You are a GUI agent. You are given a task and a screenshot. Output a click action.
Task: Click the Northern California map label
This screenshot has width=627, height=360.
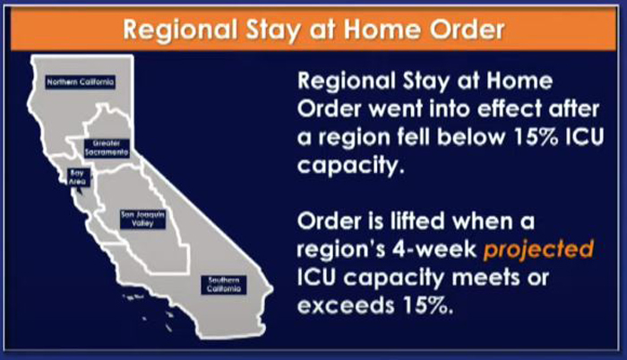coord(81,82)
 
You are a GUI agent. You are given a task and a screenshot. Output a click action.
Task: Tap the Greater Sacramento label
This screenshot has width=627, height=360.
coord(107,148)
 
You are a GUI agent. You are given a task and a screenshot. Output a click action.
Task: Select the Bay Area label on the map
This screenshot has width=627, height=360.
coord(78,177)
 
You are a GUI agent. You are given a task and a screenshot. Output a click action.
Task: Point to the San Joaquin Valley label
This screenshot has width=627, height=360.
coord(142,219)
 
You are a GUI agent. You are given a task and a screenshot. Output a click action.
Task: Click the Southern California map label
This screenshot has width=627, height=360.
coord(224,285)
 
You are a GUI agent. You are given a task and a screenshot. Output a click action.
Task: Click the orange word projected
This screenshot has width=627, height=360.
coord(538,250)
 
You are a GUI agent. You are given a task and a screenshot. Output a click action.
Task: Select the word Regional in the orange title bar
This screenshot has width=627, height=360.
coord(180,30)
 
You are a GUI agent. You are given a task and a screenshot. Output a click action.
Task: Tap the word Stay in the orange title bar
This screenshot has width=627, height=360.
coord(272,30)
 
